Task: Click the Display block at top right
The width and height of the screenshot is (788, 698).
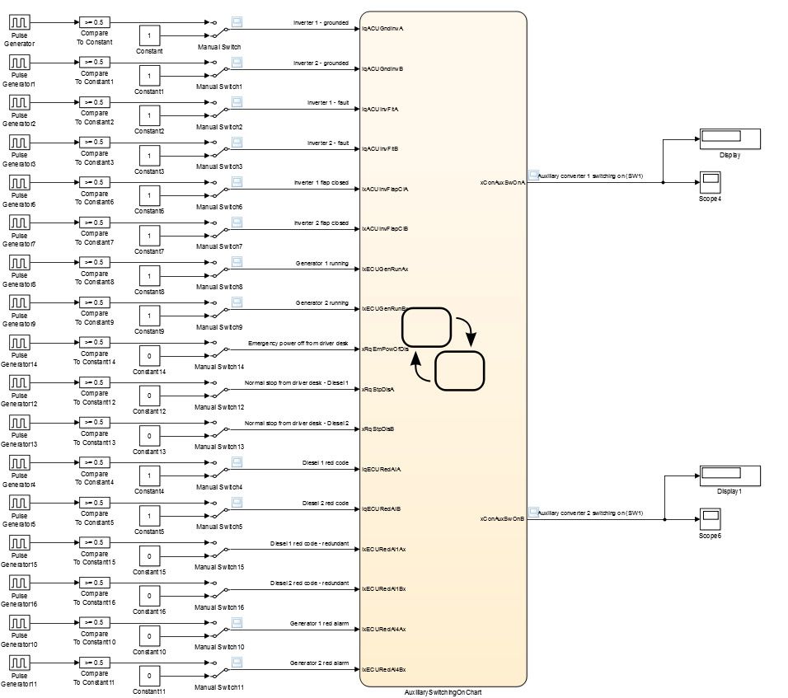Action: [x=729, y=138]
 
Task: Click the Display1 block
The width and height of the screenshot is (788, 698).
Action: [x=729, y=475]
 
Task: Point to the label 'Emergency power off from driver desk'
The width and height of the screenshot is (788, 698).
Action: [x=298, y=343]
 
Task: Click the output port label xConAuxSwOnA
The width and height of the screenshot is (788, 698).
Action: [x=502, y=182]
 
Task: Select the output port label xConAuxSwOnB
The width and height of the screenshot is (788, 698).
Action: [x=502, y=518]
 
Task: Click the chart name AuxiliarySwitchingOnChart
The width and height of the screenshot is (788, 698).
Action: [x=443, y=692]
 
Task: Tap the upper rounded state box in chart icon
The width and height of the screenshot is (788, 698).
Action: [x=425, y=327]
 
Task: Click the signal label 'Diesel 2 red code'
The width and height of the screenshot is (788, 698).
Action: [x=325, y=503]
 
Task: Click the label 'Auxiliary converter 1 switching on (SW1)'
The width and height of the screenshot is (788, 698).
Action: [x=589, y=176]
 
